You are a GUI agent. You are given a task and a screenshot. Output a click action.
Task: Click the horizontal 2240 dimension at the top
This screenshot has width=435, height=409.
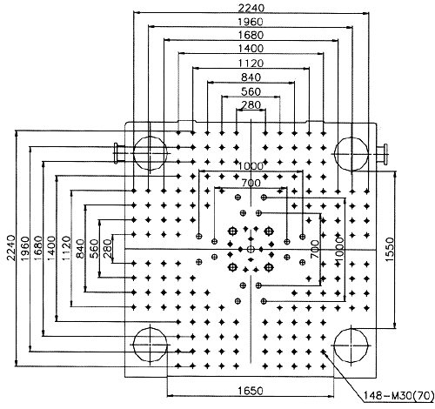[251, 8]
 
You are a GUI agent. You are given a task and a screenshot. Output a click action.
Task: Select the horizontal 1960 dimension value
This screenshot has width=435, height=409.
[251, 22]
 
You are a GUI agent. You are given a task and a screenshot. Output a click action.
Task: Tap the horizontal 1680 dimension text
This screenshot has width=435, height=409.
[251, 35]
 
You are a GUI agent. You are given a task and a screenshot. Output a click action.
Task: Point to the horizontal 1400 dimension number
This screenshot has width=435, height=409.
[251, 48]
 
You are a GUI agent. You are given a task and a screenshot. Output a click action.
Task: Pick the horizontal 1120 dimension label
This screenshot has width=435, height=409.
[251, 63]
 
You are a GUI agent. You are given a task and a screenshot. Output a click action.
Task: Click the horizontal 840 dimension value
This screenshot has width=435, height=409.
[251, 77]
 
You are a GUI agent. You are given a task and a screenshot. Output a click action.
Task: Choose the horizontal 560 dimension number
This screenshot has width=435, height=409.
[251, 91]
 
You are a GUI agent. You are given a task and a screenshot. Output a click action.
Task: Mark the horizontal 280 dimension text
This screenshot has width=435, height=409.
[251, 104]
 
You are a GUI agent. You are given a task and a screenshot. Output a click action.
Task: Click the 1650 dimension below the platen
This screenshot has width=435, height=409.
[251, 391]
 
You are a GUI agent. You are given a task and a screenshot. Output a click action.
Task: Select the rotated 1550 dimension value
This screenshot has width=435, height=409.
[391, 250]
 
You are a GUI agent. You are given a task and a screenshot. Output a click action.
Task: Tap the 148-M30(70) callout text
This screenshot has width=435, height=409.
[398, 396]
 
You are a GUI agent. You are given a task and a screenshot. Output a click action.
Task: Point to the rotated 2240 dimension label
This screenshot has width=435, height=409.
[11, 248]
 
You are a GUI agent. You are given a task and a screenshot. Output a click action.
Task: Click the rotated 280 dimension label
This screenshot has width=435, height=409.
[107, 248]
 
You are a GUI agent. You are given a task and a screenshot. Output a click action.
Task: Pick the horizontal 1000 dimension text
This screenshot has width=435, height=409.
[251, 166]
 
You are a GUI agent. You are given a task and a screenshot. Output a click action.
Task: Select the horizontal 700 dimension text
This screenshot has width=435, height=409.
[251, 183]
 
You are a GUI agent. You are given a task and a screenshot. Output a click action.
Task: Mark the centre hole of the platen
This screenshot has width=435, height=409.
[251, 249]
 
